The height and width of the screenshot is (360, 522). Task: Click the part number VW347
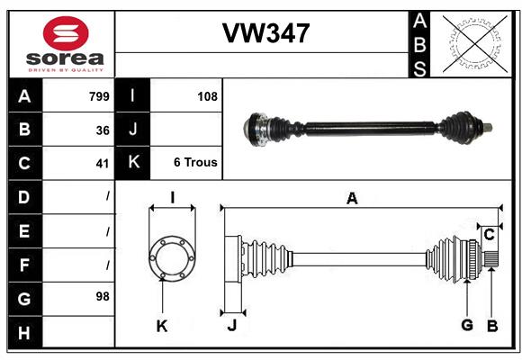265,34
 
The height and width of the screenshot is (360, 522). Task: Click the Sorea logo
66,44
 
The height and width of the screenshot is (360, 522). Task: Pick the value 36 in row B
103,130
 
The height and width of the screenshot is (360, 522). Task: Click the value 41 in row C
103,163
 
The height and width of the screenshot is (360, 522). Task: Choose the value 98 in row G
103,295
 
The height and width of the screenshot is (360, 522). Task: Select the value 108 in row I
207,96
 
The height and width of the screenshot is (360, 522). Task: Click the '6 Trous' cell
195,163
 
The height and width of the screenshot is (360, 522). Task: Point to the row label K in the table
132,163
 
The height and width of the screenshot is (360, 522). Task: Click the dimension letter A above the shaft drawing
352,199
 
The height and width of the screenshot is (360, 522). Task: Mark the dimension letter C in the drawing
489,234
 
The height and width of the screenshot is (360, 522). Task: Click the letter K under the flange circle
162,326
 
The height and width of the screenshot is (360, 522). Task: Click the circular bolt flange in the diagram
171,257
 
